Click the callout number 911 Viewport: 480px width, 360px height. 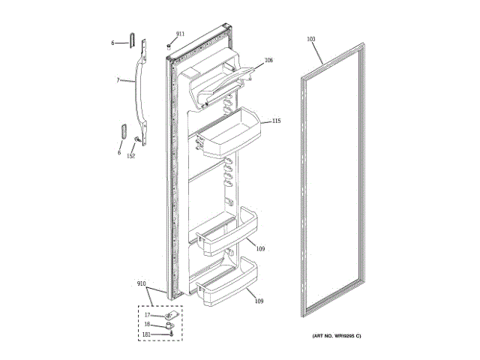179,34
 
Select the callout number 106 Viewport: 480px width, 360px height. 268,60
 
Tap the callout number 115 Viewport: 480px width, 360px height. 276,121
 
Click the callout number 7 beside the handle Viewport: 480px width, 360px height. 118,79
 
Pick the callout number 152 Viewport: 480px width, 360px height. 130,156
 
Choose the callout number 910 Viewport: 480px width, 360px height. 141,283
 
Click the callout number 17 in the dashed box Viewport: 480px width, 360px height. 147,315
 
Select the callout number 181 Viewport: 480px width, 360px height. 147,334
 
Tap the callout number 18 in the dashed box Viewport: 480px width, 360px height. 147,324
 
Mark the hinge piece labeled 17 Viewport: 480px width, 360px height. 169,316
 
